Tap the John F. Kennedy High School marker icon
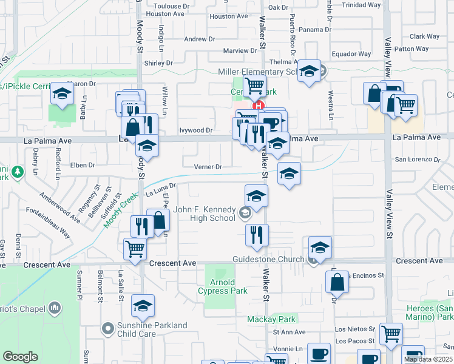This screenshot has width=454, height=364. pos(245,212)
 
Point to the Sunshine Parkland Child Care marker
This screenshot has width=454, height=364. pos(109,329)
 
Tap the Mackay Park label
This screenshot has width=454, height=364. pos(271,319)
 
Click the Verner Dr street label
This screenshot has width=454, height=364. pos(208,166)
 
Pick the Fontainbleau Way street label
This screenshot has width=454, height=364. pos(49,223)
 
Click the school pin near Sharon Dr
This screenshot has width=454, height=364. pos(62,94)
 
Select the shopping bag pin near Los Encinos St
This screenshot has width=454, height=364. pos(337,282)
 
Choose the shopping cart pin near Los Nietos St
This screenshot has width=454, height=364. pos(391,334)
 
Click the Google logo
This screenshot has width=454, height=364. pos(20,357)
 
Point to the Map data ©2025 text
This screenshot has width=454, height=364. pos(428,359)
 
